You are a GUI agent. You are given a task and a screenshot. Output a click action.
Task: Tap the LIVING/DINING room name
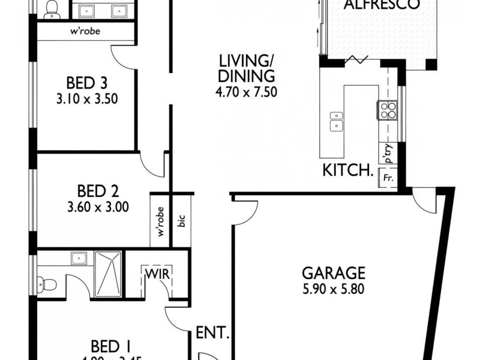coord(247,69)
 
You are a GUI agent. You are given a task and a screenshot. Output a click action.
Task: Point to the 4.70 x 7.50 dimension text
coord(247,92)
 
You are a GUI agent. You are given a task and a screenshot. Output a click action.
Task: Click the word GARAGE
coord(334,272)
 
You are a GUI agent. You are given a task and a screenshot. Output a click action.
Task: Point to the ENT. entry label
coord(211,332)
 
